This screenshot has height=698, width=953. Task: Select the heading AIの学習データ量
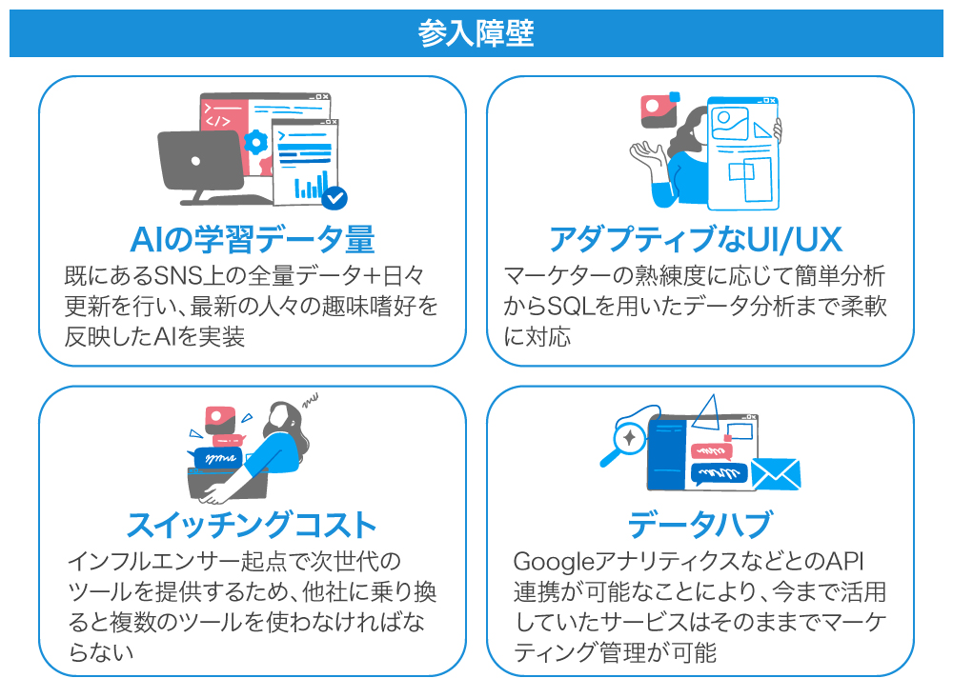pyautogui.click(x=252, y=238)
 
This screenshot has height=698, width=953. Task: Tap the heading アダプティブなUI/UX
pyautogui.click(x=696, y=238)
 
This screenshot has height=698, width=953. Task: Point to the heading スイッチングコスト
pyautogui.click(x=252, y=524)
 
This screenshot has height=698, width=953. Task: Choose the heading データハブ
pyautogui.click(x=699, y=524)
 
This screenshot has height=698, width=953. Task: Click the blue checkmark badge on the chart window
pyautogui.click(x=335, y=197)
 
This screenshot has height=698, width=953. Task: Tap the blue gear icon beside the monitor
pyautogui.click(x=255, y=143)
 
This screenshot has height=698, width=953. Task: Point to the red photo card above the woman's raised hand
pyautogui.click(x=657, y=110)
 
